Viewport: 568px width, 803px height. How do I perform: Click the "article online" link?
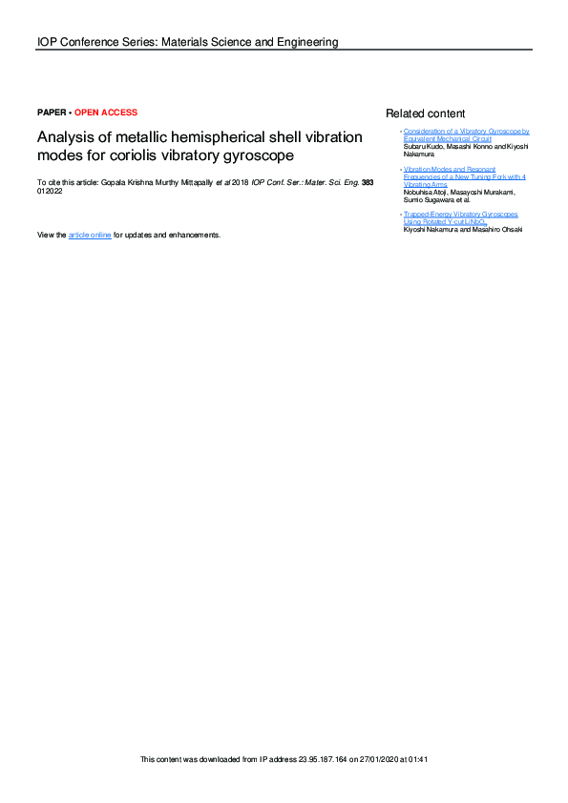[x=90, y=235]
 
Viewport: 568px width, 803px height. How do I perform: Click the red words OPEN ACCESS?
[x=106, y=113]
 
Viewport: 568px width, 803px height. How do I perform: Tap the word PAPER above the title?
[x=51, y=113]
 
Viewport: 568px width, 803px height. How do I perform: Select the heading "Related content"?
[x=425, y=113]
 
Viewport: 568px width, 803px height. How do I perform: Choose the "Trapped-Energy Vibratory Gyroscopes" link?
[x=460, y=215]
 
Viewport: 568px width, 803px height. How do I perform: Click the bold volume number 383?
[x=353, y=181]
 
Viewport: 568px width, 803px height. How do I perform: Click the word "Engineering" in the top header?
[x=306, y=42]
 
